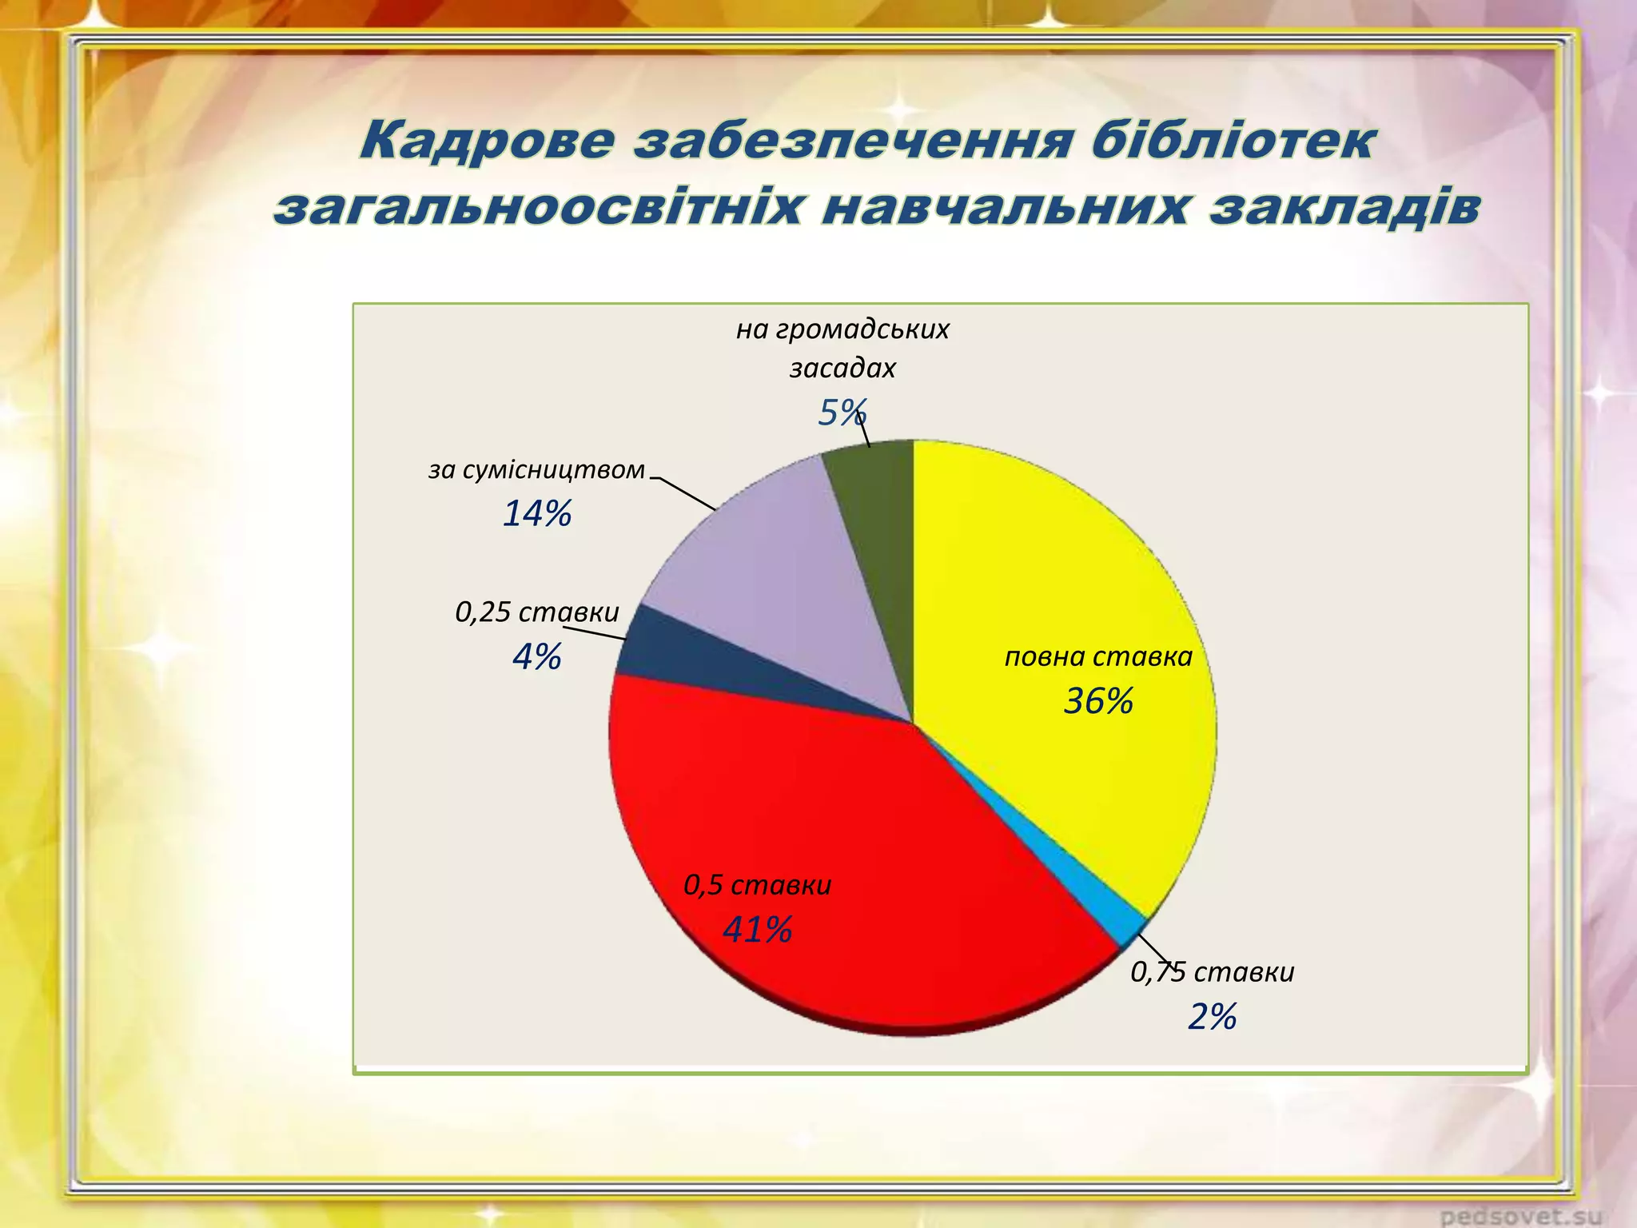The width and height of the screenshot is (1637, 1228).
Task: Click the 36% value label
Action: click(1098, 701)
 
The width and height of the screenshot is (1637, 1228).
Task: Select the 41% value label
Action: click(757, 930)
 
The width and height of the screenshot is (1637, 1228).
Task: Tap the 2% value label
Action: click(1212, 1017)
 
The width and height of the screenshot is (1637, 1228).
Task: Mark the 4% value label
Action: click(536, 657)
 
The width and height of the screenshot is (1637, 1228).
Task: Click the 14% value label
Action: click(536, 513)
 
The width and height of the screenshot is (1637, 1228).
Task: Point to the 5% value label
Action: click(842, 413)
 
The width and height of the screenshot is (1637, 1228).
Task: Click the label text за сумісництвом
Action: click(536, 469)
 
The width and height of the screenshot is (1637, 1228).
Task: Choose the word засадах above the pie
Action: click(842, 368)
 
